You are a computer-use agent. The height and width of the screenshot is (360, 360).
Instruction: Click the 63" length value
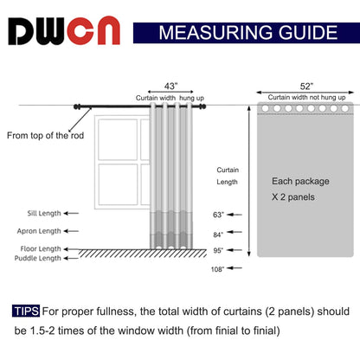coord(218,214)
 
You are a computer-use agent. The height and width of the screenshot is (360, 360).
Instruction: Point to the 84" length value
coord(218,235)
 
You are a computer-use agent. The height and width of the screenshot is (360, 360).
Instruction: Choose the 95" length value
coord(218,251)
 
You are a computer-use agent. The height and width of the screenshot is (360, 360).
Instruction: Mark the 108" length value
coord(218,269)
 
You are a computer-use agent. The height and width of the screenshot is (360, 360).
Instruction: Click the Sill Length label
coord(37,213)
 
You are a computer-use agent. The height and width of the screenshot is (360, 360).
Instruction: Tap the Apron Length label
coord(38,231)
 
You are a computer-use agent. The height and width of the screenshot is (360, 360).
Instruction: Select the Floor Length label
coord(38,248)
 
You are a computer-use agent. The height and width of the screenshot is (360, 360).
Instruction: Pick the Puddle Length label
coord(38,258)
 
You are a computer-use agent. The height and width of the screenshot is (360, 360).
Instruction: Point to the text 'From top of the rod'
coord(44,135)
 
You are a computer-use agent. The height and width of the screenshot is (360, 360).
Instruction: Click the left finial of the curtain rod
coord(77,107)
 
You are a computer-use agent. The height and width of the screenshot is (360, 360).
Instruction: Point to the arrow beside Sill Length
coord(73,213)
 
